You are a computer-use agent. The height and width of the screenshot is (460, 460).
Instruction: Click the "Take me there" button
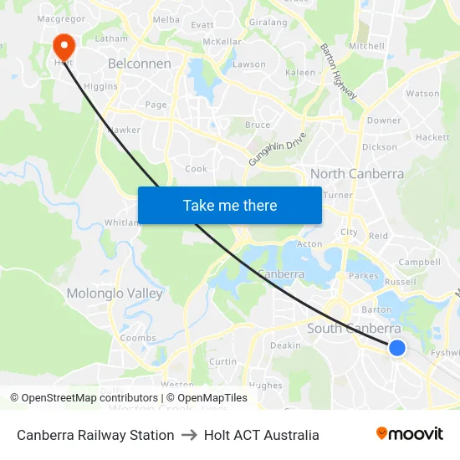[230, 205]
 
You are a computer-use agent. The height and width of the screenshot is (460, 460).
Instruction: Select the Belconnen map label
[140, 64]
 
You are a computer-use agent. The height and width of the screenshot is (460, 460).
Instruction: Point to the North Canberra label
[357, 174]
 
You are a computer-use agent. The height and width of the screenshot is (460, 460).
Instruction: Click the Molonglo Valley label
[115, 294]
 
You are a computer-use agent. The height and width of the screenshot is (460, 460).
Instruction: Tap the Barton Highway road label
[340, 72]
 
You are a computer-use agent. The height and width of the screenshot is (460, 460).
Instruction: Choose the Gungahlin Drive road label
[278, 148]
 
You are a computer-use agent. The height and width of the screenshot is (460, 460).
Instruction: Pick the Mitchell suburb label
[366, 46]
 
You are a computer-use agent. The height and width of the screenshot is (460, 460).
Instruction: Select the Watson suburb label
[422, 94]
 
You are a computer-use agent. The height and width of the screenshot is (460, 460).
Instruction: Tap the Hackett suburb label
[432, 137]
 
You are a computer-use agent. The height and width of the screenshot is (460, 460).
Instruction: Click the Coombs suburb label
[138, 338]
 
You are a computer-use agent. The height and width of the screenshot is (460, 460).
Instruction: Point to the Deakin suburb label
[285, 345]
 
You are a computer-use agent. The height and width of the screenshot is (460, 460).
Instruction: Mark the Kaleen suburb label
[301, 73]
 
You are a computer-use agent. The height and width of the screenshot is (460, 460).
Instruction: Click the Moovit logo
[410, 434]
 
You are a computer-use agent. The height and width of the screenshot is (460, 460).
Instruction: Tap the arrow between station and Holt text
[189, 435]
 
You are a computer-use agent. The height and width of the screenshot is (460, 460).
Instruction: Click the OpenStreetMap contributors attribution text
[84, 398]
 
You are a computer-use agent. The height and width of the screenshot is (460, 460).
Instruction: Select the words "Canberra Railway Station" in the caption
[95, 435]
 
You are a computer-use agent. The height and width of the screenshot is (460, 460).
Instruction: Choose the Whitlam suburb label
[122, 222]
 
